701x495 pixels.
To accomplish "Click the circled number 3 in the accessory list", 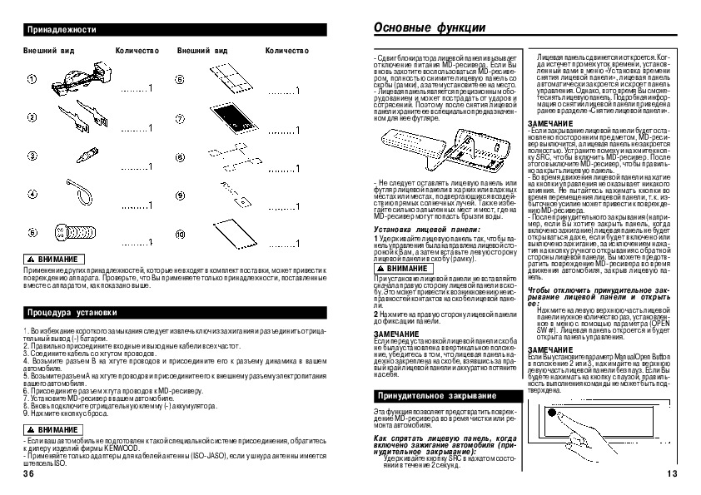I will point(32,156).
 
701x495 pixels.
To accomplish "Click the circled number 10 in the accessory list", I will point(179,232).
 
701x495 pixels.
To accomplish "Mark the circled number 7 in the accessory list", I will point(179,119).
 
